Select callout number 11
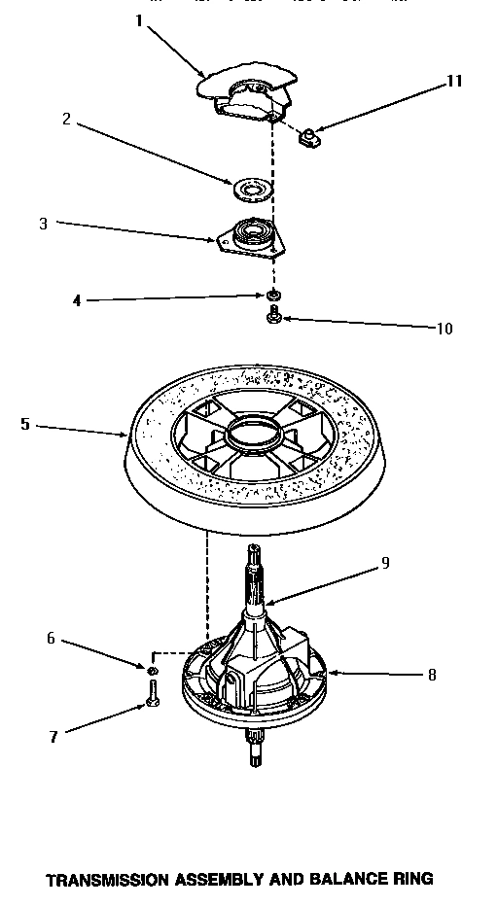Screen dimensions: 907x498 (453, 82)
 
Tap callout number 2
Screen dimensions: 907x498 (66, 120)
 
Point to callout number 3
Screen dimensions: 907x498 (43, 224)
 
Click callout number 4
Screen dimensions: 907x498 (77, 300)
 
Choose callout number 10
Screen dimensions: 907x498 (444, 329)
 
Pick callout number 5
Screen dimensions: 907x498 (24, 423)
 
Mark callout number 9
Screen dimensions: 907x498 (385, 562)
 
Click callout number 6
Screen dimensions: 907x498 (52, 638)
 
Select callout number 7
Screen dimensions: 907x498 (53, 737)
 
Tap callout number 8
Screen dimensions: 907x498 (431, 674)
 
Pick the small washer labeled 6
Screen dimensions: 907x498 (153, 670)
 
